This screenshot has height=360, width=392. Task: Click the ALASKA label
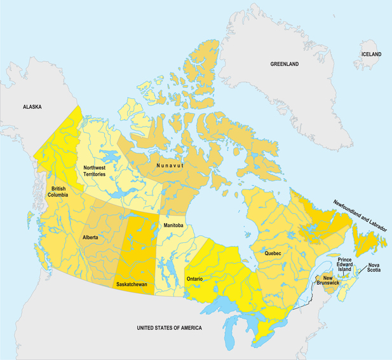pos(32,107)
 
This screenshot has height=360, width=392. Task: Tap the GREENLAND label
pos(284,64)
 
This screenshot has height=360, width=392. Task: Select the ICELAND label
pos(372,55)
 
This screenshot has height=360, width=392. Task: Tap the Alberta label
pos(90,237)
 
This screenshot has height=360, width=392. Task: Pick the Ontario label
pos(194,279)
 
